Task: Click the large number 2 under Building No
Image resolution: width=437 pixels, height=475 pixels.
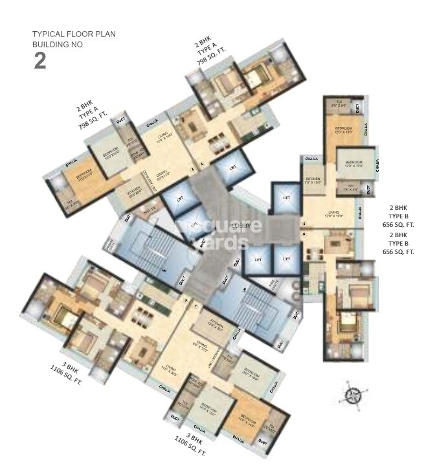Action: [x=39, y=61]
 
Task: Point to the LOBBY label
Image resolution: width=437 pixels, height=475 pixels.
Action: [x=245, y=226]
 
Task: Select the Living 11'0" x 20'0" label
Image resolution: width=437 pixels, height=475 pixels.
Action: [x=170, y=370]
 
